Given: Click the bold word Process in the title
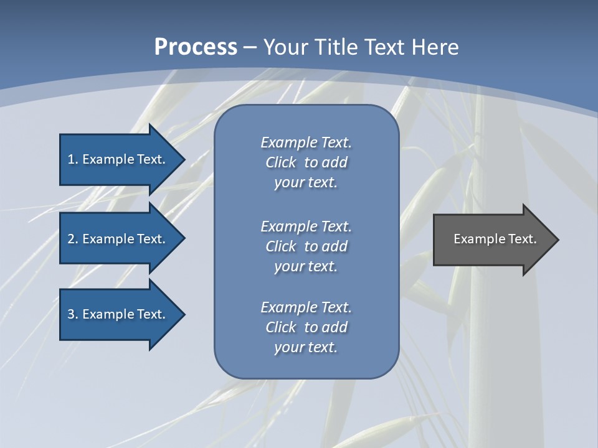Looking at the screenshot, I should [196, 47].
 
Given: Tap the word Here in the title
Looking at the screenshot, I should [435, 47].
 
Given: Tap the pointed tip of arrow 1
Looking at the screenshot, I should [183, 159].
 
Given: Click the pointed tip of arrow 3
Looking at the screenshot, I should [183, 314].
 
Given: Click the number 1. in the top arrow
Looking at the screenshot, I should [72, 159].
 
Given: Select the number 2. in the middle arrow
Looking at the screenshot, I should [72, 239].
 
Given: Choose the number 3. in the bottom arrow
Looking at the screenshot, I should [72, 314].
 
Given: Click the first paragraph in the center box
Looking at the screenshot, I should [306, 162].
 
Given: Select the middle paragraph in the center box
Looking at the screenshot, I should [306, 246].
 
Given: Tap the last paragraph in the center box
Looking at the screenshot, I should [306, 327].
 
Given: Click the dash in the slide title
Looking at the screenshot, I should [250, 47].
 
